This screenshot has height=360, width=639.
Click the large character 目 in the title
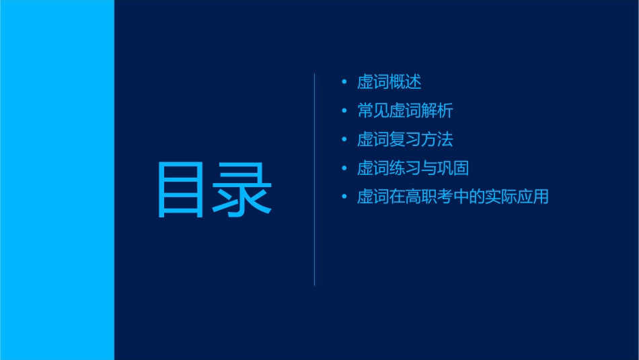click(180, 190)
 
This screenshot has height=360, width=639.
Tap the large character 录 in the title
click(243, 190)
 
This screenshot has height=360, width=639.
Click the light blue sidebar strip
click(57, 180)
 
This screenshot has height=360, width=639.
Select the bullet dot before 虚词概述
click(344, 83)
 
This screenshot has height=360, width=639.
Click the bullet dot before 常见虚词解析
click(344, 111)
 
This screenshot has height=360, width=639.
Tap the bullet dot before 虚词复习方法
click(344, 140)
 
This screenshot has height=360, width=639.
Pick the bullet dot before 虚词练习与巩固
click(344, 168)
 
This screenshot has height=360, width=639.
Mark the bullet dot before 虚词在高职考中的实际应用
click(344, 197)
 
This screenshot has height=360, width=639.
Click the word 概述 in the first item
click(405, 82)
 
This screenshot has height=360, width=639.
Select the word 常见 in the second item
click(373, 111)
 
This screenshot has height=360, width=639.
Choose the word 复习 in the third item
click(405, 139)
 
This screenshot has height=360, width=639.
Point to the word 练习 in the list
click(405, 168)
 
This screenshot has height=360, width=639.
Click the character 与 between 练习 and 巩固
click(429, 168)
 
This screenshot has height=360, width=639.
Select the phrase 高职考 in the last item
click(429, 197)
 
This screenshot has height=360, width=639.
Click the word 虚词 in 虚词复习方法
click(373, 139)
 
